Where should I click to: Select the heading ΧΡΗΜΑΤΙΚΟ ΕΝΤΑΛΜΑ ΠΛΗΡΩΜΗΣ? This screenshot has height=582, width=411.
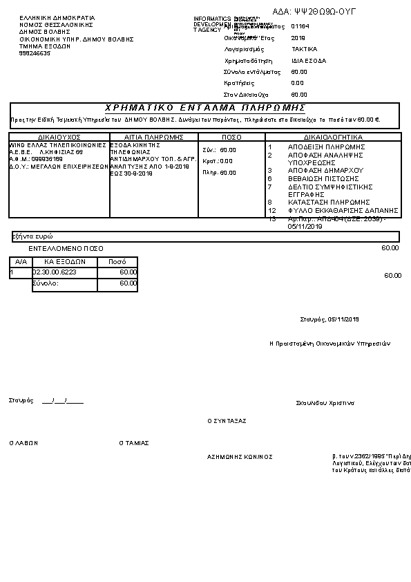[x=205, y=109]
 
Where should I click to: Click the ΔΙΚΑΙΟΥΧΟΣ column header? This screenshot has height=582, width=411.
[x=59, y=137]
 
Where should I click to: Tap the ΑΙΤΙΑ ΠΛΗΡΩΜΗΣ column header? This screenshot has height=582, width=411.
[x=153, y=137]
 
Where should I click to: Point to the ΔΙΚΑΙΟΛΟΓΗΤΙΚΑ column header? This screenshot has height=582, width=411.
[x=333, y=137]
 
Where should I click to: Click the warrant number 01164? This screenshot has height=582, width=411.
[x=300, y=26]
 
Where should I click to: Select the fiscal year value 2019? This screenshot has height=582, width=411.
[x=298, y=38]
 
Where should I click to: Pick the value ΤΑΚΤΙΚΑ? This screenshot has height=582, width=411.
[x=305, y=50]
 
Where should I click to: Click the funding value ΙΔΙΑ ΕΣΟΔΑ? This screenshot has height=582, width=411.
[x=309, y=61]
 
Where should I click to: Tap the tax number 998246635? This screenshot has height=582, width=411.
[x=35, y=53]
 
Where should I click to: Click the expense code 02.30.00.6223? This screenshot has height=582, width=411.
[x=55, y=272]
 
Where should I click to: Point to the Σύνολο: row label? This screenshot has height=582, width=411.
[x=46, y=283]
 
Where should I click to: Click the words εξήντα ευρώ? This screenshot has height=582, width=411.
[x=33, y=236]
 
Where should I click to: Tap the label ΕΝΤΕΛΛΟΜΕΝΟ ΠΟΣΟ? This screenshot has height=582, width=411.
[x=66, y=247]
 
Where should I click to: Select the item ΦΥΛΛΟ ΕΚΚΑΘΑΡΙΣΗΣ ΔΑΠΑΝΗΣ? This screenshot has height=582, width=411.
[x=343, y=210]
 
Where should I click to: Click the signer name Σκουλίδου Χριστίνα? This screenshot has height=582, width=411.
[x=325, y=402]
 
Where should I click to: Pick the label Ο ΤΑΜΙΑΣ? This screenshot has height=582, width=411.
[x=134, y=443]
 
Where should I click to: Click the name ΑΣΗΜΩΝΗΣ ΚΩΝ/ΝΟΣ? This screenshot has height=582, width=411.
[x=240, y=457]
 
